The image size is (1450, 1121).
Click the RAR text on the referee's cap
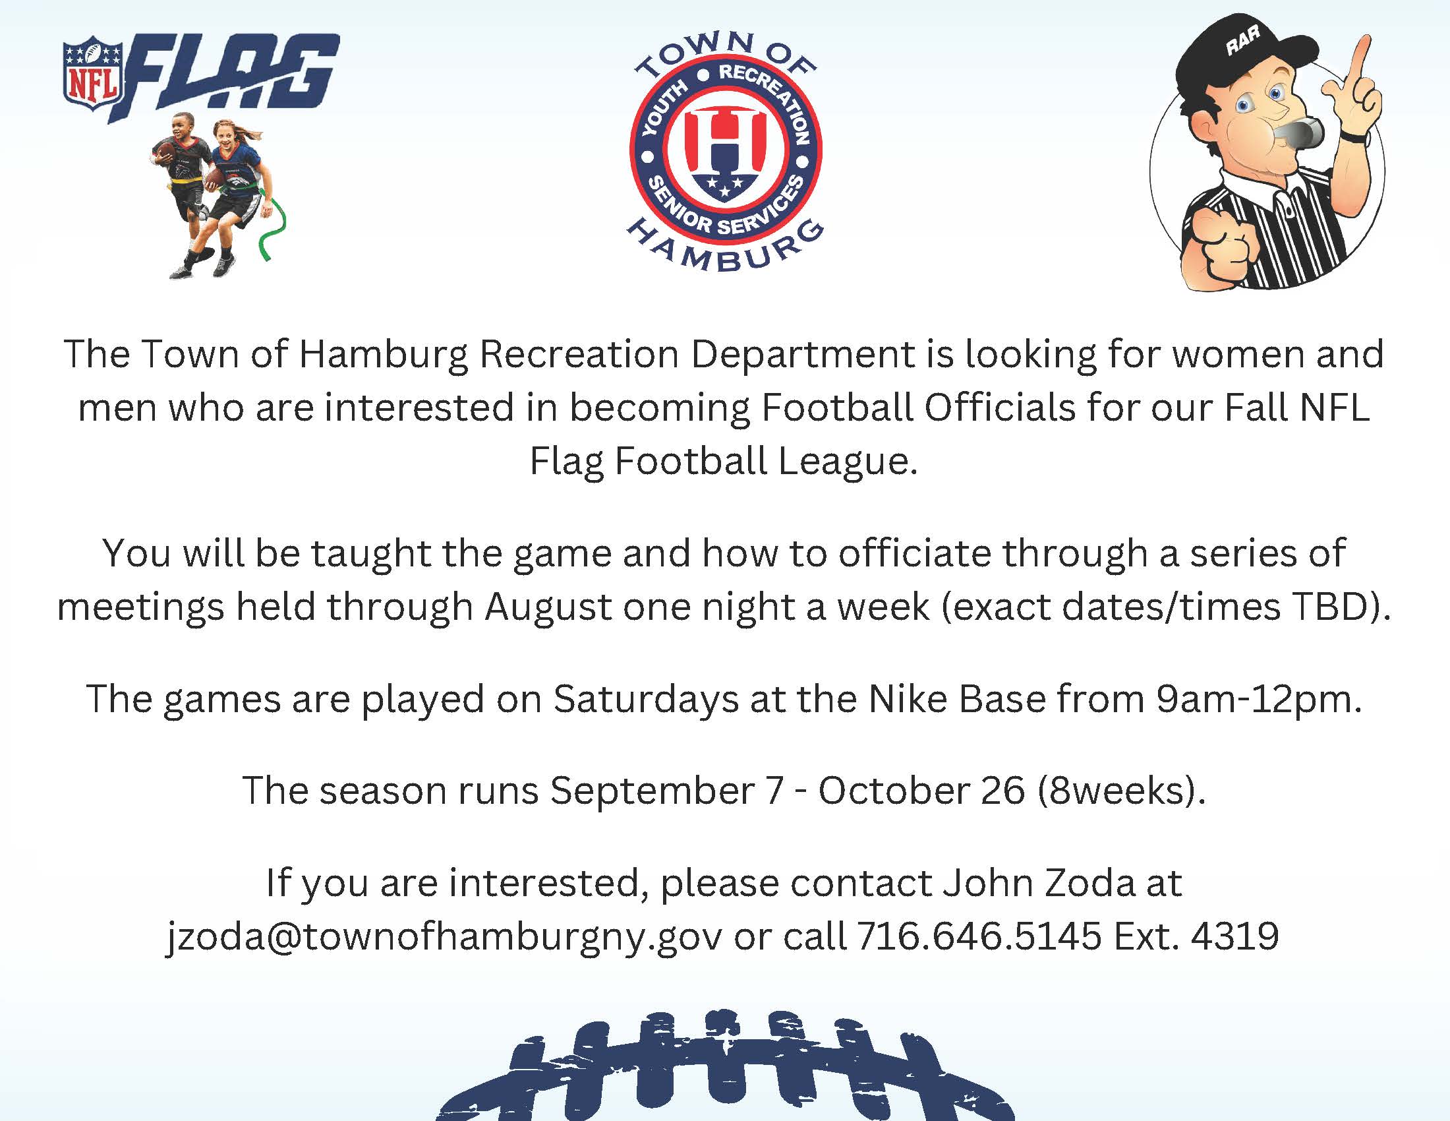pos(1242,42)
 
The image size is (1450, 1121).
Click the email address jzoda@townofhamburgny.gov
pos(444,936)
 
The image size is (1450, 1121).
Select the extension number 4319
pos(1235,936)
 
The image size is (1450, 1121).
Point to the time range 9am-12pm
pos(1258,698)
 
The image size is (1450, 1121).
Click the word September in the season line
pos(652,791)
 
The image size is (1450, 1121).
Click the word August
pos(548,606)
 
